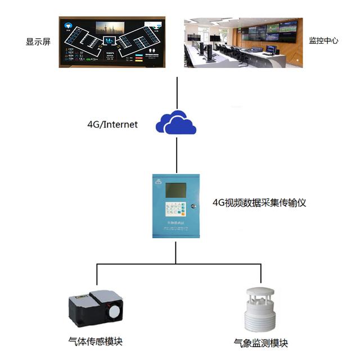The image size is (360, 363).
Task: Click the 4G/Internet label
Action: click(112, 124)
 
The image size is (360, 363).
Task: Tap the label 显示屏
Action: click(38, 42)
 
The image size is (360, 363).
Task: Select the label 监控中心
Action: click(323, 41)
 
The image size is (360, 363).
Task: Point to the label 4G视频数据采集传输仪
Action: click(259, 202)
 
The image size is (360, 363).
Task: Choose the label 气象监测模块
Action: click(260, 343)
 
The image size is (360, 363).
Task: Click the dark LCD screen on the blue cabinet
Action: click(173, 191)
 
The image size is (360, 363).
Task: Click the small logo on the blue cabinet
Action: click(159, 182)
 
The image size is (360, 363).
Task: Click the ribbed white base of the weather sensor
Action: click(261, 321)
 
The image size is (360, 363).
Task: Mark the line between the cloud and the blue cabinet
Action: click(177, 154)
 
